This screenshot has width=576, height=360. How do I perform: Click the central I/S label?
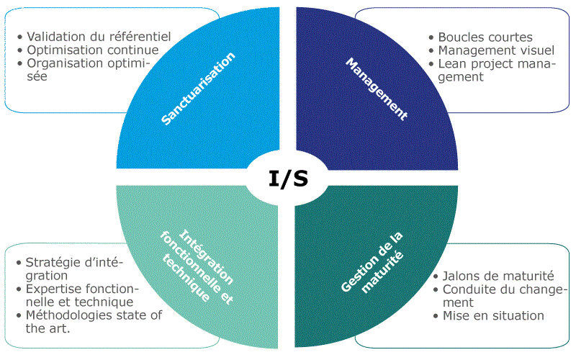[288, 178]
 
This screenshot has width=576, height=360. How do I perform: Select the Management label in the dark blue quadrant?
[377, 89]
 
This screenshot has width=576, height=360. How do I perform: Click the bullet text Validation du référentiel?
[98, 36]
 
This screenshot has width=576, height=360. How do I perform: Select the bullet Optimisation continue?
[92, 50]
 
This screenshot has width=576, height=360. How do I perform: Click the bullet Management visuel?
[495, 50]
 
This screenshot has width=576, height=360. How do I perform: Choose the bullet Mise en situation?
[493, 315]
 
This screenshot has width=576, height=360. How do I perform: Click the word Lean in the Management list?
[452, 63]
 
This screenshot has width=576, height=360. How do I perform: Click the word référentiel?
[138, 36]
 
